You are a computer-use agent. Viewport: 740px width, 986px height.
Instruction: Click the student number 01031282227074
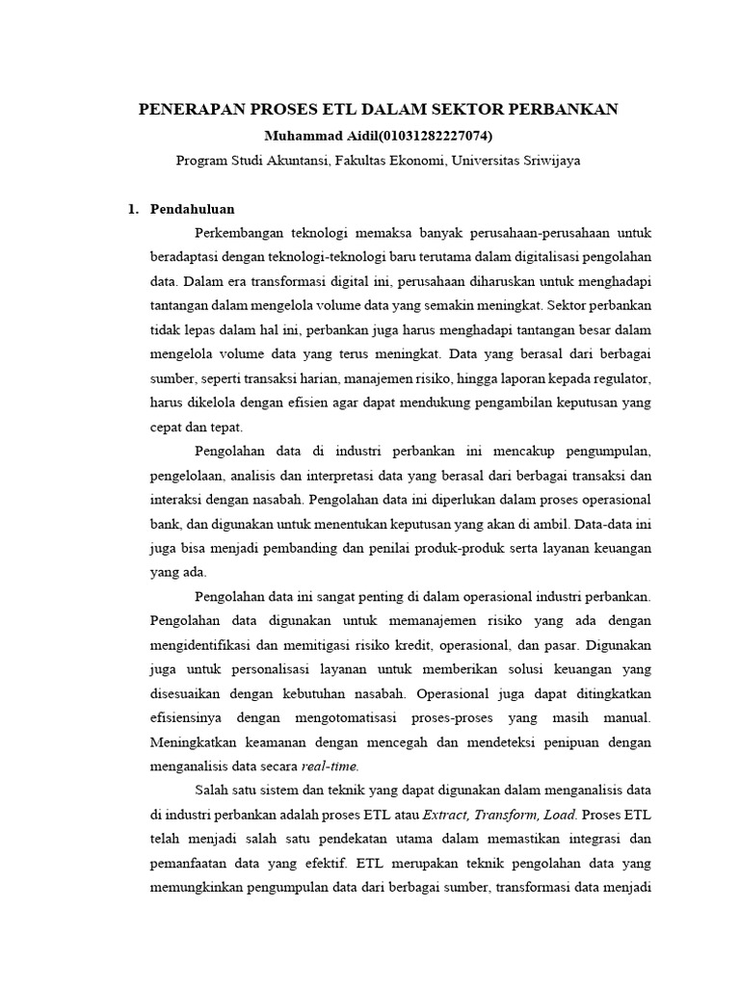pyautogui.click(x=428, y=136)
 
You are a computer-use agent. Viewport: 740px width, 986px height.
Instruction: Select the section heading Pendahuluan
pyautogui.click(x=193, y=209)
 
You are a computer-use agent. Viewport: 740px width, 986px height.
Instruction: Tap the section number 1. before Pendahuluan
pyautogui.click(x=134, y=209)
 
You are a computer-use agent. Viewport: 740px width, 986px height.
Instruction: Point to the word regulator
pyautogui.click(x=620, y=376)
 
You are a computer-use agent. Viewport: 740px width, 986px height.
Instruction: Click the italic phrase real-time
pyautogui.click(x=330, y=766)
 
